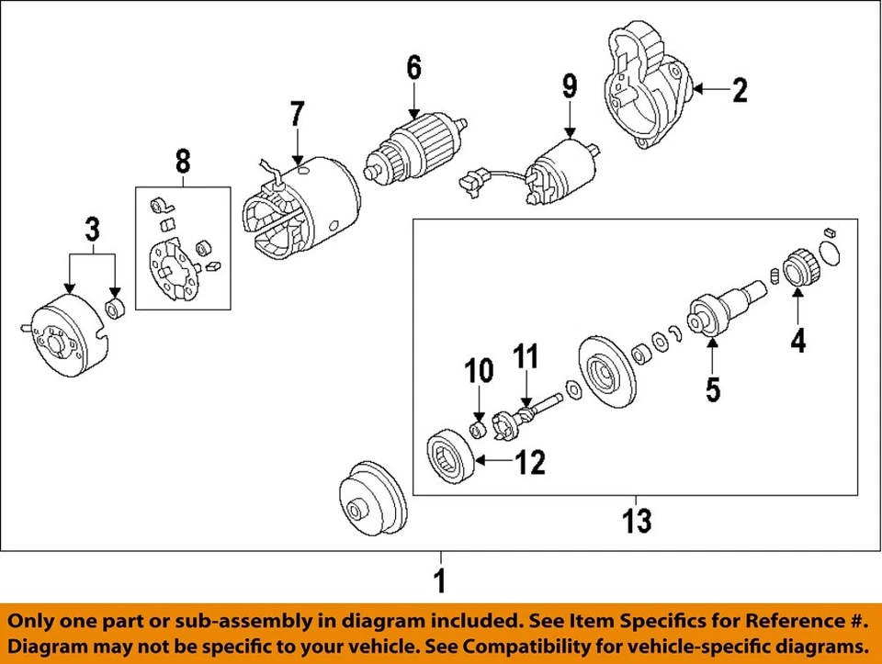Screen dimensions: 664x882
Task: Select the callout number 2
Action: tap(740, 90)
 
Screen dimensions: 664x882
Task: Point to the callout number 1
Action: tap(440, 580)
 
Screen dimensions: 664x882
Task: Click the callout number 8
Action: tap(182, 163)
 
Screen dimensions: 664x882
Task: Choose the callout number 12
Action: tap(530, 462)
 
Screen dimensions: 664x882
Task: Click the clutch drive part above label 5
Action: tap(715, 313)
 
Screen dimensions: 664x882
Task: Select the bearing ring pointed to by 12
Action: tap(452, 456)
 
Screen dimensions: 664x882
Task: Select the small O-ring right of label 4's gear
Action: tap(828, 250)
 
